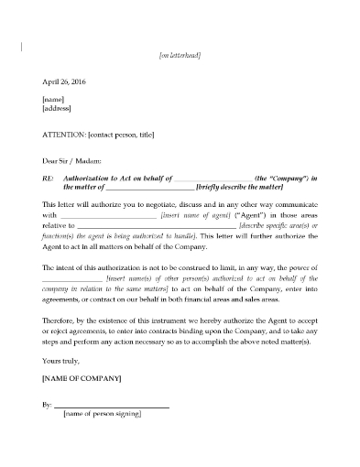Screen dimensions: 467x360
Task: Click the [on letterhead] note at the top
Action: point(180,56)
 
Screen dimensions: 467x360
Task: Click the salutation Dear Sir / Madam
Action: point(75,161)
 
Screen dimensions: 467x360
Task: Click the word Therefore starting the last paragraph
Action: point(62,323)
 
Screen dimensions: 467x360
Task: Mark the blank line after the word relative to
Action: point(156,225)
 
